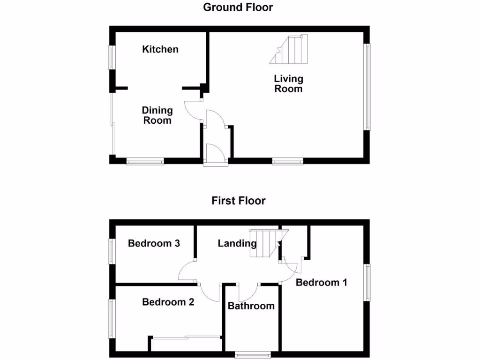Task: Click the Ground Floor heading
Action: click(238, 7)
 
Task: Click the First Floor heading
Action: click(238, 201)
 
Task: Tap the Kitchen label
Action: click(160, 49)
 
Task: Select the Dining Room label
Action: click(157, 115)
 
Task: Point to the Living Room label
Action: click(288, 83)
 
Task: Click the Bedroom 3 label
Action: click(154, 243)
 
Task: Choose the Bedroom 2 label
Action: click(168, 302)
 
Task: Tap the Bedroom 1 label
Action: click(321, 283)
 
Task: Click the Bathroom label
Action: click(251, 306)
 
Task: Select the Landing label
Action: click(237, 243)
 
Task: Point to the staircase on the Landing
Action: click(264, 243)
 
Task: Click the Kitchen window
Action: click(112, 57)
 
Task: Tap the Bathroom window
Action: click(252, 354)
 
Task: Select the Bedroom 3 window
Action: click(112, 251)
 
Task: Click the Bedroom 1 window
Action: click(367, 283)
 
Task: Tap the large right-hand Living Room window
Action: click(367, 87)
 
